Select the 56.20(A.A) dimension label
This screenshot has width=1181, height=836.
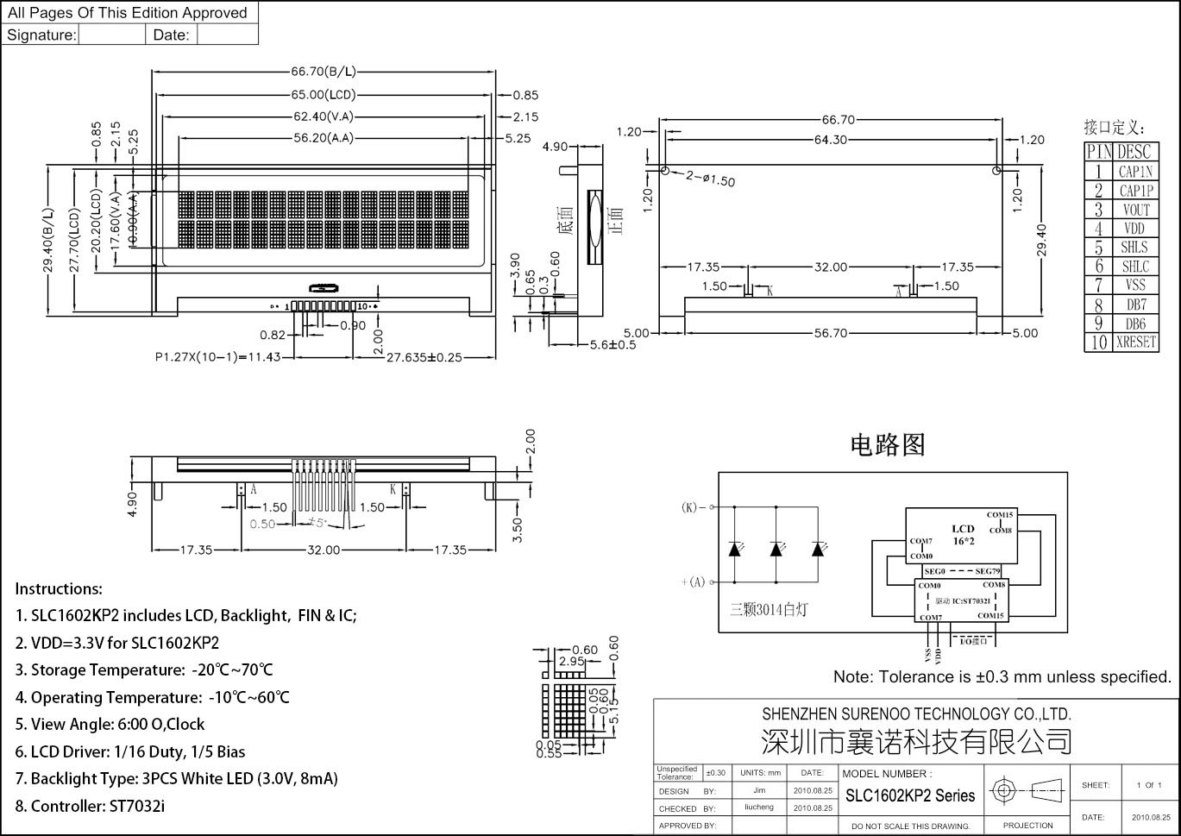(324, 137)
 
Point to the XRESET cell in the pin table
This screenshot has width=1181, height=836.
(1135, 343)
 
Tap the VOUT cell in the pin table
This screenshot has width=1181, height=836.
(1135, 210)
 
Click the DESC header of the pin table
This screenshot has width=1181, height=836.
(1134, 152)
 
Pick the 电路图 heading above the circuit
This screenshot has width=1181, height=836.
(888, 444)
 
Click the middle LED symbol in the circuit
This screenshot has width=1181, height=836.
(776, 549)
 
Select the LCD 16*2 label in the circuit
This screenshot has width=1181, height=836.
(963, 534)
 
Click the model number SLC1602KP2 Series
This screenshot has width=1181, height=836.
(910, 795)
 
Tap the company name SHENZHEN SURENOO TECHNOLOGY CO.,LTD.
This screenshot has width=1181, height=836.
(916, 713)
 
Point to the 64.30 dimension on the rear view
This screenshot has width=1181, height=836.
(830, 140)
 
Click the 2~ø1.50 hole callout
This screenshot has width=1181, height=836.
(711, 179)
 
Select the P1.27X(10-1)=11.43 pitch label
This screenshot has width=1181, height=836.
(218, 356)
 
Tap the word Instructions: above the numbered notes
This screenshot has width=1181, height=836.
(59, 589)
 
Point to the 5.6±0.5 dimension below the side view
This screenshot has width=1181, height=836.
(612, 344)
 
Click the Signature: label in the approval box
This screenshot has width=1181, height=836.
(41, 35)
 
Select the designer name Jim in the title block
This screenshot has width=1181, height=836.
(759, 790)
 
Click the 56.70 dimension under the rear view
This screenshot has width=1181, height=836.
(830, 333)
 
